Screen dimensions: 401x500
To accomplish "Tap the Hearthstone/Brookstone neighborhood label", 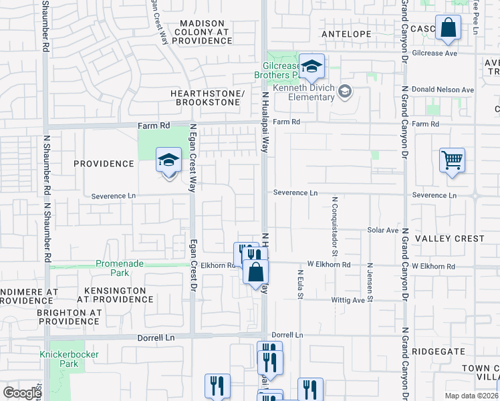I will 207,98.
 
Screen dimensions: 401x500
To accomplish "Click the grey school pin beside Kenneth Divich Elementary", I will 345,92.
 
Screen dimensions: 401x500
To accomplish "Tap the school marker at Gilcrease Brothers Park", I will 311,66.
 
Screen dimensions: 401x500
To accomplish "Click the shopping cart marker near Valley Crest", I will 453,160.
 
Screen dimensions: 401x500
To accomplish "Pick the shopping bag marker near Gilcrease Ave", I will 448,28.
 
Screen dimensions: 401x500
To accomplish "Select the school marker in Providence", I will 169,160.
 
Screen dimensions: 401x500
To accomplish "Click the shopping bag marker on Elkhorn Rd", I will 255,272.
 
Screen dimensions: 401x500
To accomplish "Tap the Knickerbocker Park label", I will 69,359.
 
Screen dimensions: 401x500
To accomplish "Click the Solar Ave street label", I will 382,230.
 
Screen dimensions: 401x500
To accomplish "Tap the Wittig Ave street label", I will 350,300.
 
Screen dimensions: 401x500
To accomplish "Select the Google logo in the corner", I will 22,393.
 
